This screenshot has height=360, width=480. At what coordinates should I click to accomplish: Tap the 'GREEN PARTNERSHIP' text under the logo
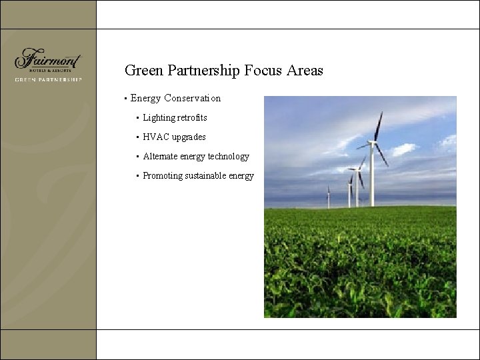[48, 79]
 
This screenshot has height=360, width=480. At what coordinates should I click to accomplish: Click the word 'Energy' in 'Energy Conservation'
[145, 99]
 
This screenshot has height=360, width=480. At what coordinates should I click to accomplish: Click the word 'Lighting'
[159, 118]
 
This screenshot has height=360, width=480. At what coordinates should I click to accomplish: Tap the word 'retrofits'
[192, 118]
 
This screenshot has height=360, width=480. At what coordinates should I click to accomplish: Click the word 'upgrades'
[189, 137]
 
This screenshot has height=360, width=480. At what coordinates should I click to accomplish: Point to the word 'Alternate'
[160, 157]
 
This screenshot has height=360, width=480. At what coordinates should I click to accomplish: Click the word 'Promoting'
[163, 176]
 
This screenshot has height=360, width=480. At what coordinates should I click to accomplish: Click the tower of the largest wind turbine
[371, 177]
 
